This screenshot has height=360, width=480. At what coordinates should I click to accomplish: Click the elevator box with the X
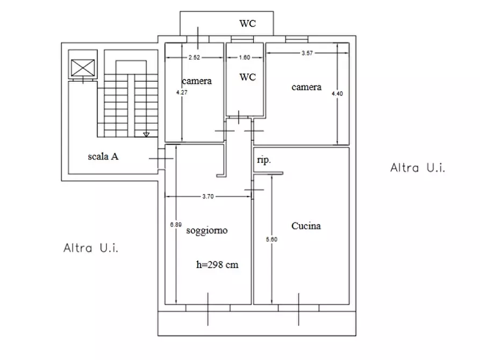coord(83,68)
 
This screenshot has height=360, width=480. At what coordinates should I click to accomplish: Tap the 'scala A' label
coord(103,156)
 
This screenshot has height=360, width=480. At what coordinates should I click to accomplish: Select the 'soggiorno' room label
coord(207,231)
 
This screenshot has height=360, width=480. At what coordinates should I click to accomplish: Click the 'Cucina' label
coord(306,226)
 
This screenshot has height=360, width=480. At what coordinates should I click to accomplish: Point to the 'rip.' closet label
coord(264,160)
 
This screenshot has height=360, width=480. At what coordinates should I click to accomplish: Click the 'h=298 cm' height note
coord(217,264)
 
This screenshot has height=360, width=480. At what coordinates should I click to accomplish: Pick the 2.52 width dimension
coord(194,57)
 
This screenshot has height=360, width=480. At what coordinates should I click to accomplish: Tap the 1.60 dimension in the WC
coord(245,57)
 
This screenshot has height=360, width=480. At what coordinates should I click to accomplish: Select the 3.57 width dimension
coord(307,53)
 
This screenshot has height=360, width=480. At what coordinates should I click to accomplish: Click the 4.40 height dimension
coord(338,93)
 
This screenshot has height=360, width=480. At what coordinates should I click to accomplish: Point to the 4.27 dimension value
coord(182,92)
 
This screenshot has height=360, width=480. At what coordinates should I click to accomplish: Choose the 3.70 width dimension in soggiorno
coord(208,196)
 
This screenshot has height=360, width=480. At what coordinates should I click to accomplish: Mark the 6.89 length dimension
coord(176,225)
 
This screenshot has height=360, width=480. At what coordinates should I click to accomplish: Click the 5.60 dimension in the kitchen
coord(272,240)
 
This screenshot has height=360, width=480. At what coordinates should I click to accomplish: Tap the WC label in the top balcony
coord(248,24)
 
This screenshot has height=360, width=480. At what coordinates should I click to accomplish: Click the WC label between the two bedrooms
coord(248,77)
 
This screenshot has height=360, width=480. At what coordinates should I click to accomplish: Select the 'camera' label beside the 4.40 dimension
coord(306,87)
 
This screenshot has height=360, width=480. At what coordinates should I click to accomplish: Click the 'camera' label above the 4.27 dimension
coord(197,81)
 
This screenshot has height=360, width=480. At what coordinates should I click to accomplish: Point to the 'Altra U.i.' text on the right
coord(418,168)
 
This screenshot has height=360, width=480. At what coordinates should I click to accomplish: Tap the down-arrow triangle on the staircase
coord(146,135)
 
